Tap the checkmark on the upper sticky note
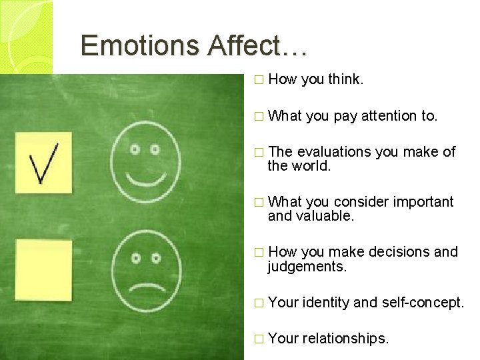43,161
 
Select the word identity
326,303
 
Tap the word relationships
345,339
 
